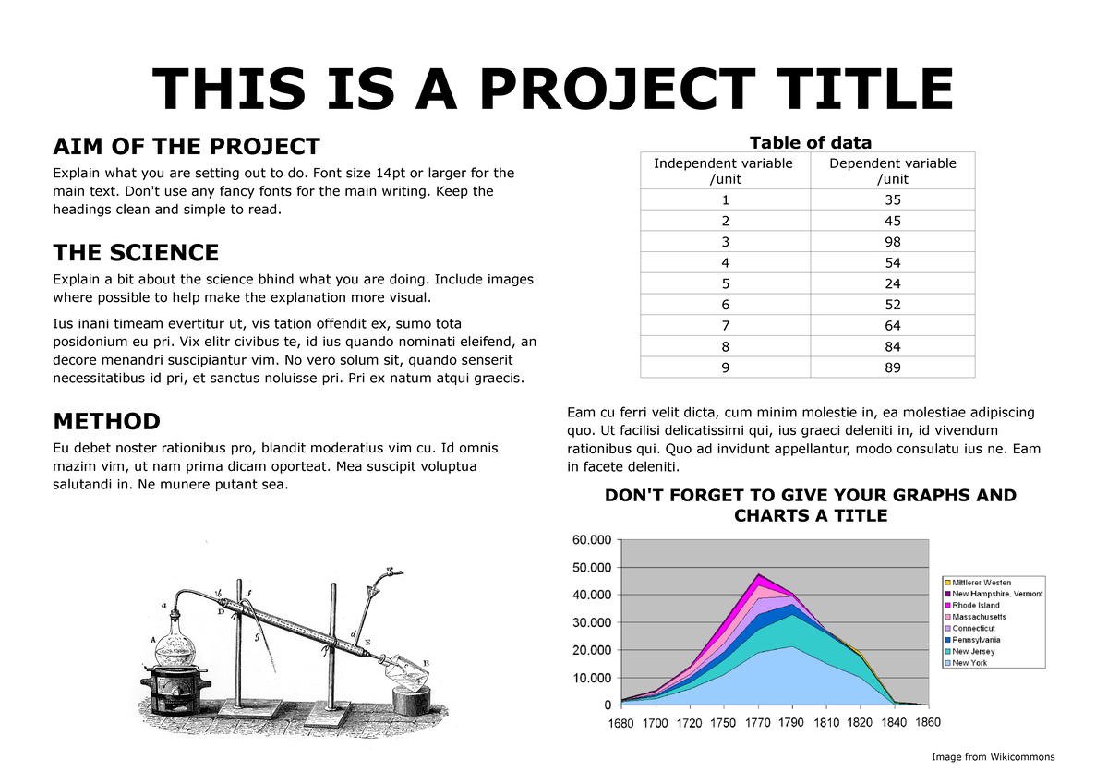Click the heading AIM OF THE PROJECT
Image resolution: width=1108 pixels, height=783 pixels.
(x=187, y=147)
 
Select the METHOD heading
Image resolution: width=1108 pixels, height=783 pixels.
(x=106, y=422)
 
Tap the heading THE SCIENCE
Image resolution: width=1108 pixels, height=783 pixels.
(x=136, y=253)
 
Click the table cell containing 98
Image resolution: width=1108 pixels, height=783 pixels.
(x=892, y=242)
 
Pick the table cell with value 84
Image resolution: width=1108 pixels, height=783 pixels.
(x=892, y=346)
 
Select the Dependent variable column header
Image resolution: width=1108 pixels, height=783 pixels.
(x=892, y=171)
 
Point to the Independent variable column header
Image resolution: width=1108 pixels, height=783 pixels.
(x=724, y=171)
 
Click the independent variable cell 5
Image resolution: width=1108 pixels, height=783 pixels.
(x=724, y=283)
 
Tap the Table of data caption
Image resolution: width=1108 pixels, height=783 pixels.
(x=810, y=142)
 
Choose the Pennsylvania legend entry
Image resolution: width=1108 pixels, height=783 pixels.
(x=982, y=640)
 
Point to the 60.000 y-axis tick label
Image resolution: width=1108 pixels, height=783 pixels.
(x=592, y=539)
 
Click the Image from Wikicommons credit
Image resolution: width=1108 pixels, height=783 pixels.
(x=993, y=757)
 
